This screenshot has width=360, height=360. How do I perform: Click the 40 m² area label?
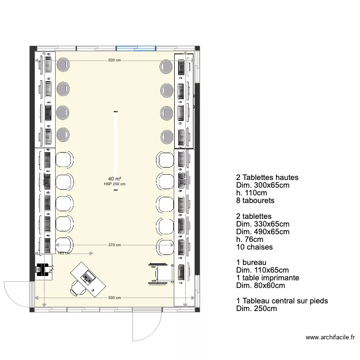point(114,179)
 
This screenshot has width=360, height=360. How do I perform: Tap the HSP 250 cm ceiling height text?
point(114,184)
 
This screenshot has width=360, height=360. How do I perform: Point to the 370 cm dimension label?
point(114,245)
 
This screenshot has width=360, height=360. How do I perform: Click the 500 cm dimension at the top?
point(114,60)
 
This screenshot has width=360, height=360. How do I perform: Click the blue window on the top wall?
point(136,48)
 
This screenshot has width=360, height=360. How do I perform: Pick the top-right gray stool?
point(166,66)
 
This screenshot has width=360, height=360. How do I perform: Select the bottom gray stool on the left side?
point(63,135)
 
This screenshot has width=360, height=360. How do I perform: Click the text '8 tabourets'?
point(255,201)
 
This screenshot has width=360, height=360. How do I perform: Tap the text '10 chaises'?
point(254,247)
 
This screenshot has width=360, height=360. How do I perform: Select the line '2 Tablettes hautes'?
point(267,177)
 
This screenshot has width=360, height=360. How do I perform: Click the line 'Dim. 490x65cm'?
point(263,232)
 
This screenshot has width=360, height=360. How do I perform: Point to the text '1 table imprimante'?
point(268,278)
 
